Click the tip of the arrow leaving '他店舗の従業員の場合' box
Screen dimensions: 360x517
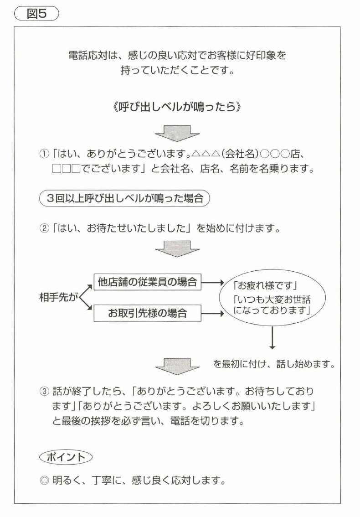click(x=224, y=283)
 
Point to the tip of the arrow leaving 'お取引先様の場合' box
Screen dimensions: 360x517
click(x=224, y=313)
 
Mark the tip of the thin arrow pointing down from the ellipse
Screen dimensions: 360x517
click(x=272, y=349)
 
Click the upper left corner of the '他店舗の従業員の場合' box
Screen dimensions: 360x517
click(x=94, y=274)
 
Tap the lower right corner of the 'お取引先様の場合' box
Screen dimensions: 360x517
click(x=201, y=321)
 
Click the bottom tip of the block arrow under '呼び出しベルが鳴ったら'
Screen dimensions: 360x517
click(x=177, y=141)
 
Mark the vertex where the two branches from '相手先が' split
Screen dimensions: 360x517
click(x=79, y=297)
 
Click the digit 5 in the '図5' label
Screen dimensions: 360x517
click(x=42, y=14)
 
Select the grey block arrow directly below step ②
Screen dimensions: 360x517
click(x=177, y=249)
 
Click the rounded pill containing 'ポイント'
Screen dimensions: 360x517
click(x=66, y=457)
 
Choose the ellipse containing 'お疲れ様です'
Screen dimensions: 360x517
click(x=273, y=298)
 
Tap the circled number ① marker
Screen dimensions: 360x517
click(x=44, y=154)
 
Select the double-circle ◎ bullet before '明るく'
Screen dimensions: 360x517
click(x=44, y=481)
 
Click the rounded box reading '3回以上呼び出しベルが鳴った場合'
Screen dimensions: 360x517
click(x=124, y=198)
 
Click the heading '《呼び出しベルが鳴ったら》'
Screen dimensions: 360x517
click(x=177, y=107)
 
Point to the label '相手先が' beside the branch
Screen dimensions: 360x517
click(x=58, y=297)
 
